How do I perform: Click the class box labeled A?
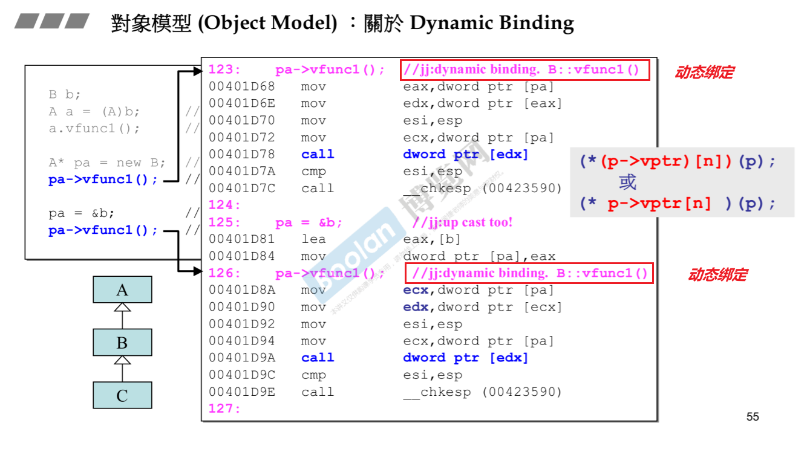pos(122,290)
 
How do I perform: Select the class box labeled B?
pos(122,343)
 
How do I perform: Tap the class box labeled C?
pos(122,395)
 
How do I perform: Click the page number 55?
pos(753,416)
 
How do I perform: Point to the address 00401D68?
pos(241,86)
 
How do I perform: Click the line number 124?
pos(224,205)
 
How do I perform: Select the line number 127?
pos(224,409)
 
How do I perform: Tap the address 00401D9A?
pos(241,358)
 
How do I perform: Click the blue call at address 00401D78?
pos(318,154)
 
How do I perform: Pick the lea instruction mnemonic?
pos(313,239)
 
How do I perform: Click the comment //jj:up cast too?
pos(462,222)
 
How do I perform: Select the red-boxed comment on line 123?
pos(524,69)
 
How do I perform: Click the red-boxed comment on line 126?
pos(529,273)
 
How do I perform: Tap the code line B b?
pos(65,94)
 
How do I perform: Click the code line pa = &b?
pos(82,213)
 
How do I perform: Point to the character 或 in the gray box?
pos(627,182)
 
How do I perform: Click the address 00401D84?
pos(241,256)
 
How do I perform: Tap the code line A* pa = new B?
pos(107,163)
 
